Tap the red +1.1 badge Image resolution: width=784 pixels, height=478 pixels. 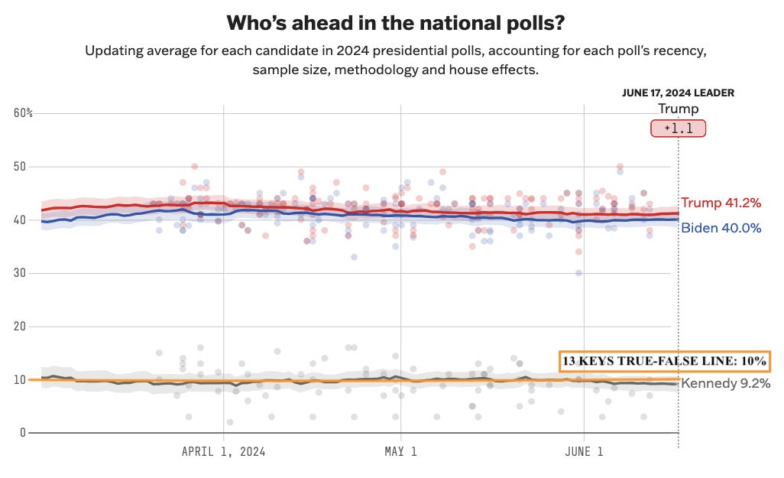pos(678,128)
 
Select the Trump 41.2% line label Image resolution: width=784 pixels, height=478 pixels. pos(721,203)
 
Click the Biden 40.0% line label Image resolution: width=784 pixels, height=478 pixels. pos(721,227)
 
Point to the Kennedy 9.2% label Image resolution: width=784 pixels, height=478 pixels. pos(725,384)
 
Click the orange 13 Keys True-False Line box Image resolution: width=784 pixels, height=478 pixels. pos(665,362)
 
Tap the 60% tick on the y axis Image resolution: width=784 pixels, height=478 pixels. pos(24,113)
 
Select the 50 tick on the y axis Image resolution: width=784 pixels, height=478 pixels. pos(21,167)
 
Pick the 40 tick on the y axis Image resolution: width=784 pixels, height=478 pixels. pos(21,220)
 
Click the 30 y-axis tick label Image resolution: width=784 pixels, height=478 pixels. pos(21,273)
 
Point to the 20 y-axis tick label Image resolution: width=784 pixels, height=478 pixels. pos(21,327)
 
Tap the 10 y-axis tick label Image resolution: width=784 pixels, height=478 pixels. pos(21,380)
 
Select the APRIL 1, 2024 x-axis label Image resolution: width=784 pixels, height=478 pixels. pos(223,452)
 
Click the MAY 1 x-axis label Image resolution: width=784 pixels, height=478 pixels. pos(400,452)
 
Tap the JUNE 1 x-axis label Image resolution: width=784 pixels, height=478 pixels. pos(584,452)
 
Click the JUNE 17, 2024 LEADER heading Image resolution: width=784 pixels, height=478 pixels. pos(678,93)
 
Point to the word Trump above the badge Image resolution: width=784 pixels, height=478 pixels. pos(678,109)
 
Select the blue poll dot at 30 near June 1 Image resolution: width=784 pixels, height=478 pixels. pos(579,273)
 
